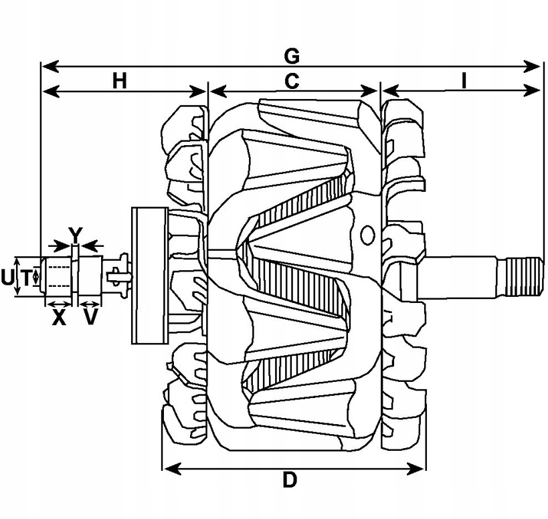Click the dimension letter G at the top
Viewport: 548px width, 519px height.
[x=292, y=54]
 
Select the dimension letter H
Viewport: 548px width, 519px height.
[x=119, y=80]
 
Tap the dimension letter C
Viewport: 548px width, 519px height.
[x=292, y=80]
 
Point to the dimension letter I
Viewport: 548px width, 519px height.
[x=463, y=80]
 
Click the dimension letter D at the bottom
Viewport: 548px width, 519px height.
[x=289, y=480]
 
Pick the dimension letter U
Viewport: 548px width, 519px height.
[x=7, y=278]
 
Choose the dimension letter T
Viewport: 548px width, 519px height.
[x=25, y=278]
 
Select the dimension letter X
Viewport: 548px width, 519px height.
[x=60, y=317]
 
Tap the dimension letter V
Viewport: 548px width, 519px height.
[x=90, y=317]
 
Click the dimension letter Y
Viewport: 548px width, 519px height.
[x=77, y=234]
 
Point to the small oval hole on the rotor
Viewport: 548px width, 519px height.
[x=367, y=234]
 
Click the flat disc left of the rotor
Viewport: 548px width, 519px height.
[x=149, y=276]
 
